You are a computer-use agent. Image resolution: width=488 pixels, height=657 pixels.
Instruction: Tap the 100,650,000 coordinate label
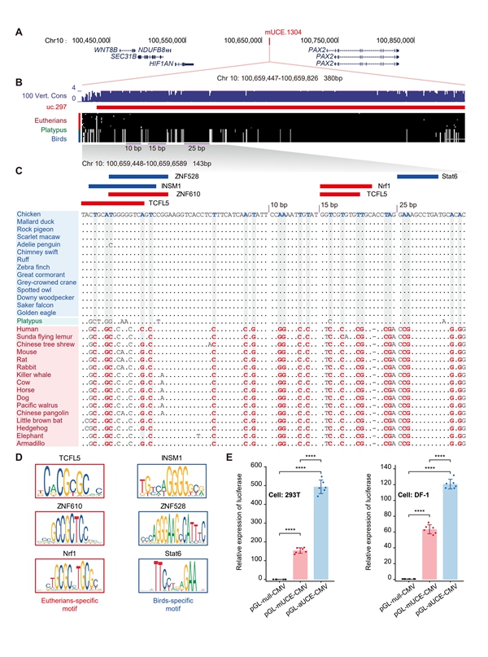(251, 39)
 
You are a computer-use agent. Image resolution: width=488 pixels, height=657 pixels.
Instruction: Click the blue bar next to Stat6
(416, 176)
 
